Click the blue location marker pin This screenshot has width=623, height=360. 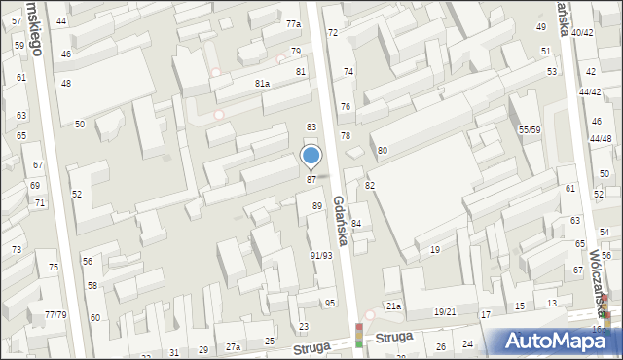tap(311, 156)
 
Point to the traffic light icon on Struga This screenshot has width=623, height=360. tap(359, 336)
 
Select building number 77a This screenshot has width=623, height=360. tap(293, 23)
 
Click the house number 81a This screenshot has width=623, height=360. tap(262, 84)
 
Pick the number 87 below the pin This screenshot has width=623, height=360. tap(311, 180)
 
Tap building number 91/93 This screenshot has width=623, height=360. tap(321, 255)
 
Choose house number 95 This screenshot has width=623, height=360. tap(330, 304)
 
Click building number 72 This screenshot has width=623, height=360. tap(333, 33)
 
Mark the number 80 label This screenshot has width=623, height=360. tap(383, 151)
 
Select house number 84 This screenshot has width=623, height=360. tap(356, 224)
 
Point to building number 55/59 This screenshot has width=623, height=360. tap(530, 129)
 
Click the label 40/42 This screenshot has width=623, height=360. tap(582, 33)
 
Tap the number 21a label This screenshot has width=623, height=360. tap(393, 306)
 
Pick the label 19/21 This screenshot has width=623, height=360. tap(445, 312)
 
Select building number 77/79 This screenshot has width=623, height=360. tap(55, 314)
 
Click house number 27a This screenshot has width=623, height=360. tap(234, 347)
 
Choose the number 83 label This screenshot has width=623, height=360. tap(311, 127)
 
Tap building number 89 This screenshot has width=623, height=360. tap(317, 206)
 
